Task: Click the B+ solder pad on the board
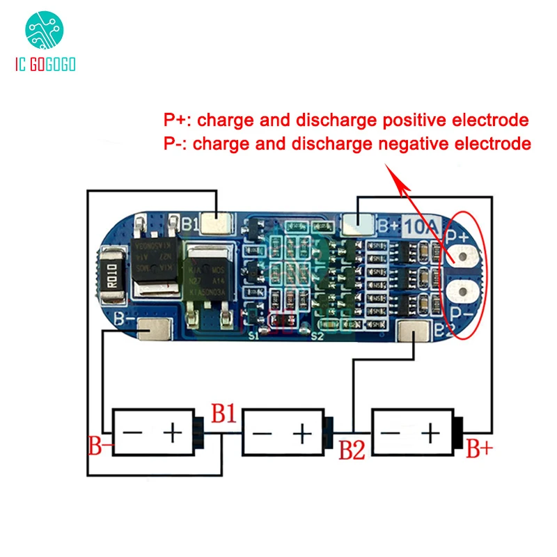click(360, 224)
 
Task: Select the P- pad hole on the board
click(461, 292)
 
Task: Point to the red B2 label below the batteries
click(352, 450)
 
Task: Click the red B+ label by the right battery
click(479, 449)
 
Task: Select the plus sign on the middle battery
click(302, 434)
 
